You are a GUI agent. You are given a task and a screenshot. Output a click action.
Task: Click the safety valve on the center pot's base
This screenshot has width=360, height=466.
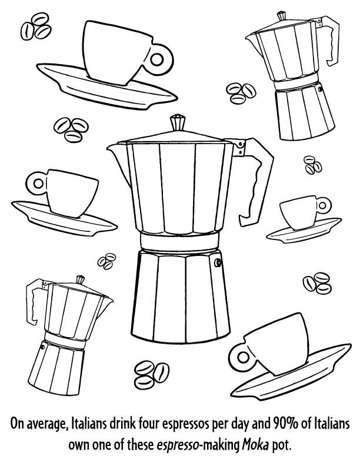pyautogui.click(x=219, y=262)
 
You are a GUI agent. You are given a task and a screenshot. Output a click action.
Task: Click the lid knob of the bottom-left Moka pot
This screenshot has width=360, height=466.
pyautogui.click(x=79, y=278)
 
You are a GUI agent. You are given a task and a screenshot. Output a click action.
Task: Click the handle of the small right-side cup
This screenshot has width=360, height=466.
pyautogui.click(x=323, y=205)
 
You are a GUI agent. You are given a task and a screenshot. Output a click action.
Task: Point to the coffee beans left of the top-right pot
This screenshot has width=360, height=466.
pyautogui.click(x=238, y=91)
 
